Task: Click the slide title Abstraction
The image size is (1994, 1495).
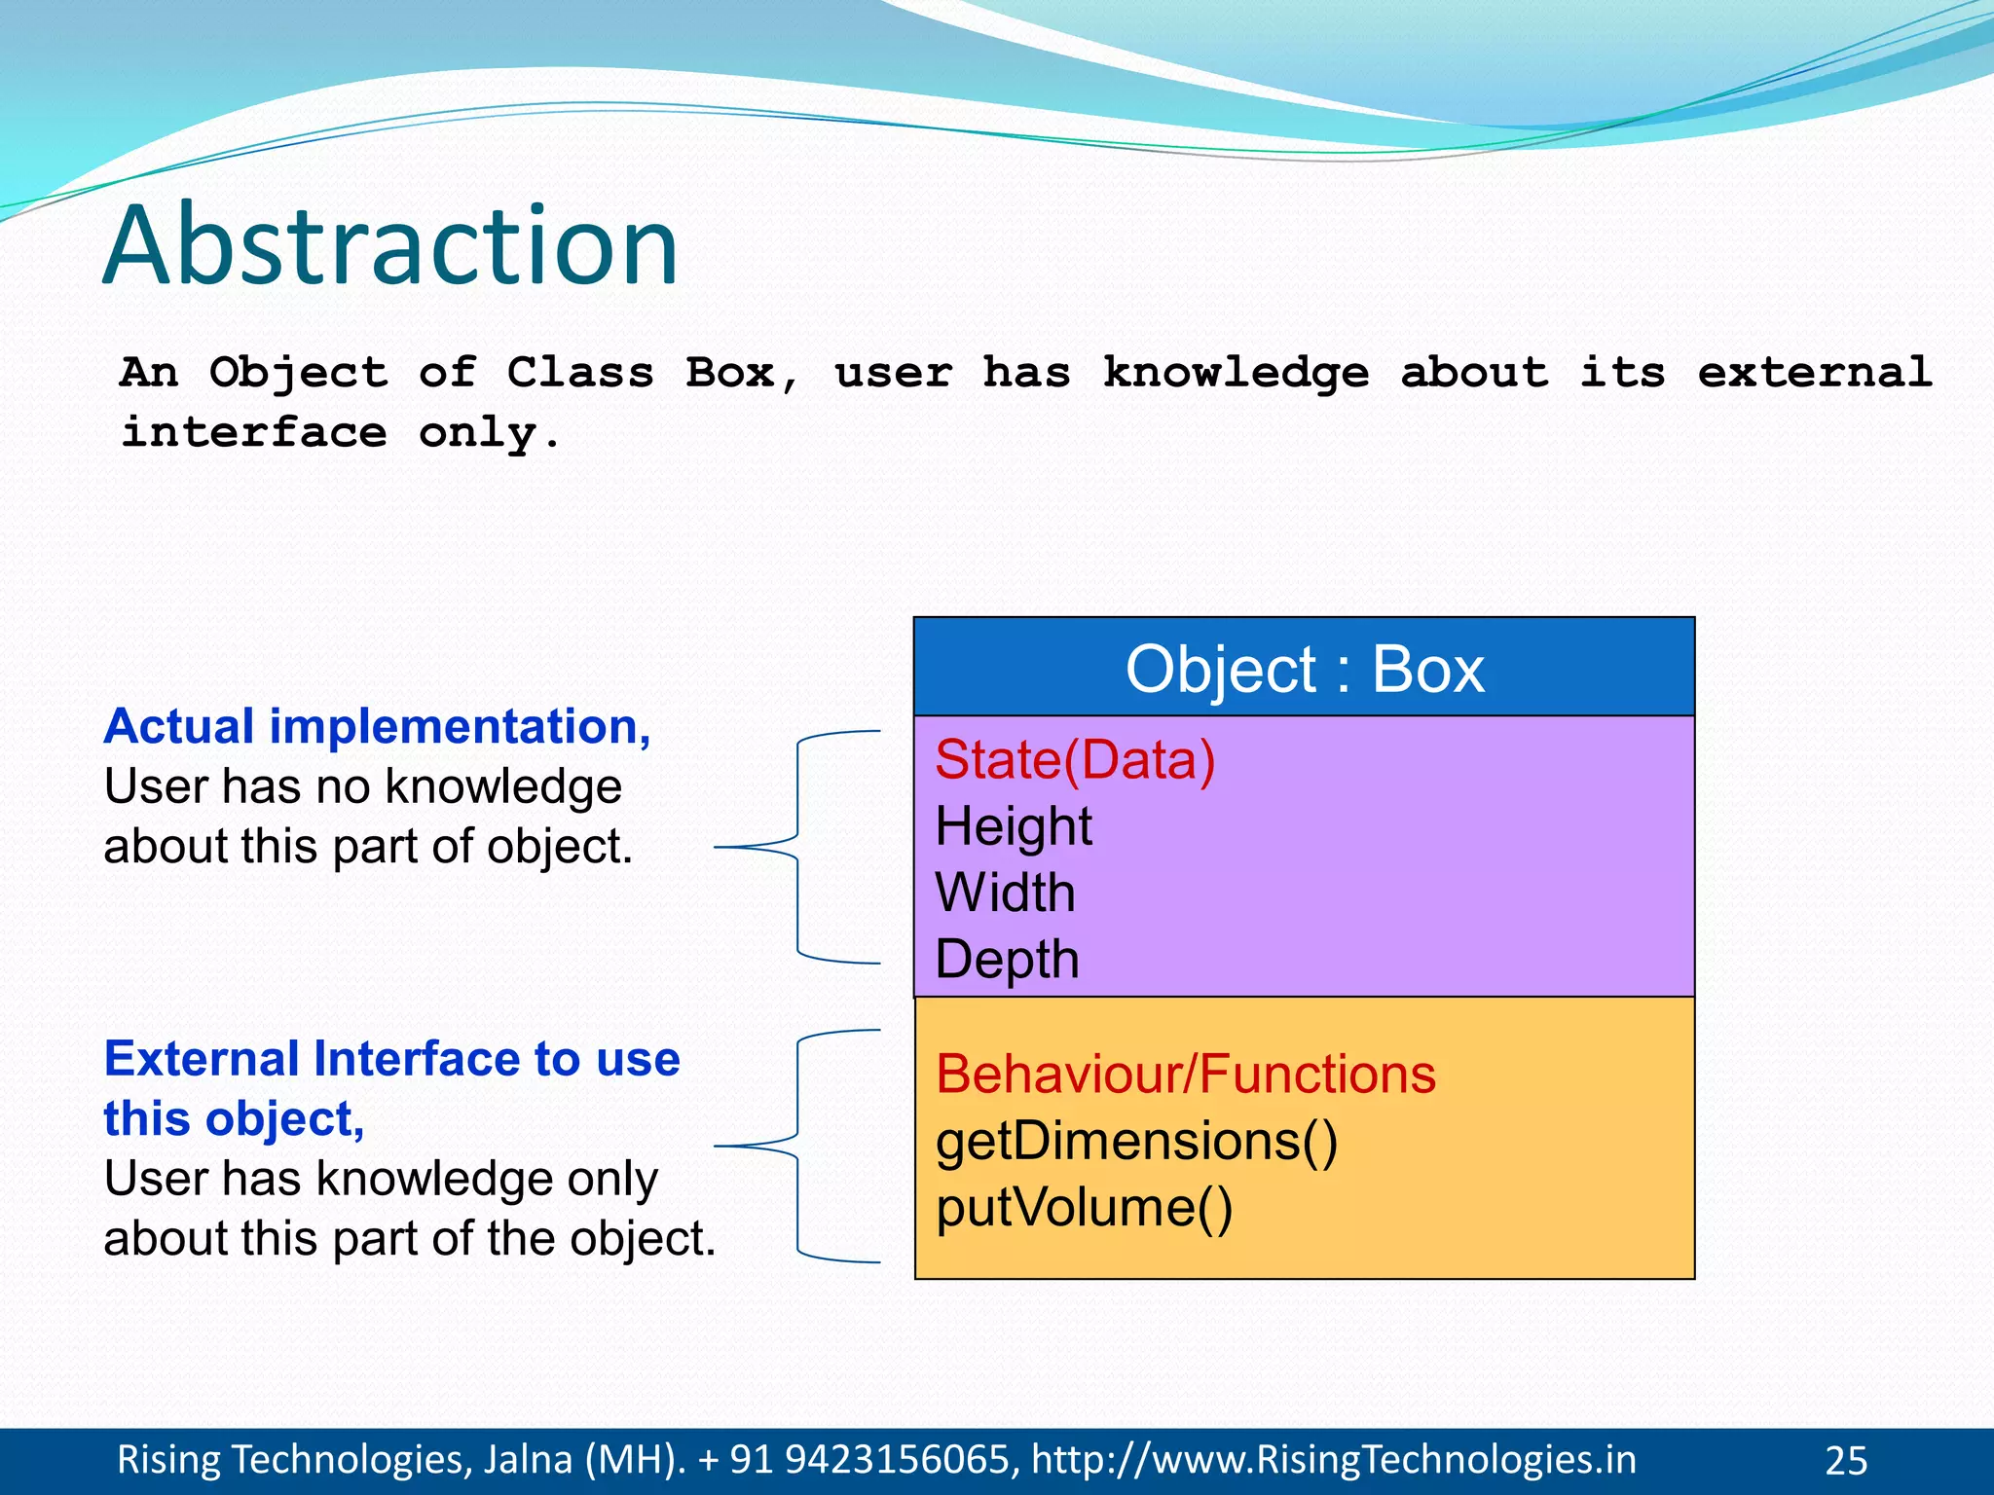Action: click(389, 245)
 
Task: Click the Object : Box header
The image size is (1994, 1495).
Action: click(1305, 669)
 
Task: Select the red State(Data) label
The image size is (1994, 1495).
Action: click(1075, 760)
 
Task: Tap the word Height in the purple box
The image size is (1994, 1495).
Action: click(1013, 826)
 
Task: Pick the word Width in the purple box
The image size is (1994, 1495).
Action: click(1005, 893)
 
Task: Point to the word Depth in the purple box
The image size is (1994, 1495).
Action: click(1007, 960)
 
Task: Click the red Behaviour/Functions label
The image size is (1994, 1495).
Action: click(1185, 1075)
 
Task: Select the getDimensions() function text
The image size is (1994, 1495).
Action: click(1136, 1141)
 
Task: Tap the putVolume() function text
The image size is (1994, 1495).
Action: click(1084, 1208)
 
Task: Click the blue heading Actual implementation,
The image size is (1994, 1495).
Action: click(377, 726)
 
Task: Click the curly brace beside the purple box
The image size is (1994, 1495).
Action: click(797, 847)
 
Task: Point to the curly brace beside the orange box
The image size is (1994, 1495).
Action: click(797, 1146)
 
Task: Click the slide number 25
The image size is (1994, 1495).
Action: click(1845, 1461)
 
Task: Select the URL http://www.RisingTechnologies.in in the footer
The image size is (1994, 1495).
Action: click(1333, 1460)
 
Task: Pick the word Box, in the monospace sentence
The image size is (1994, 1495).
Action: click(742, 373)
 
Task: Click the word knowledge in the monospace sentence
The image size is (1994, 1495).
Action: click(1235, 373)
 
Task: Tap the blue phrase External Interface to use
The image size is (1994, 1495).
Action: click(391, 1059)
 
